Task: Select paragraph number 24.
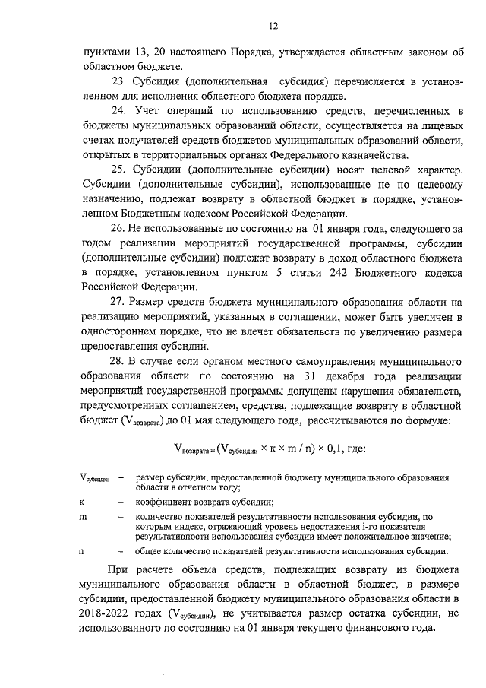tap(119, 112)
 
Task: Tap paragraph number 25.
tap(119, 170)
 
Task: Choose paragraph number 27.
tap(119, 303)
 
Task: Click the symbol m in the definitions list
tap(83, 516)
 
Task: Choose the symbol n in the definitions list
tap(82, 551)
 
